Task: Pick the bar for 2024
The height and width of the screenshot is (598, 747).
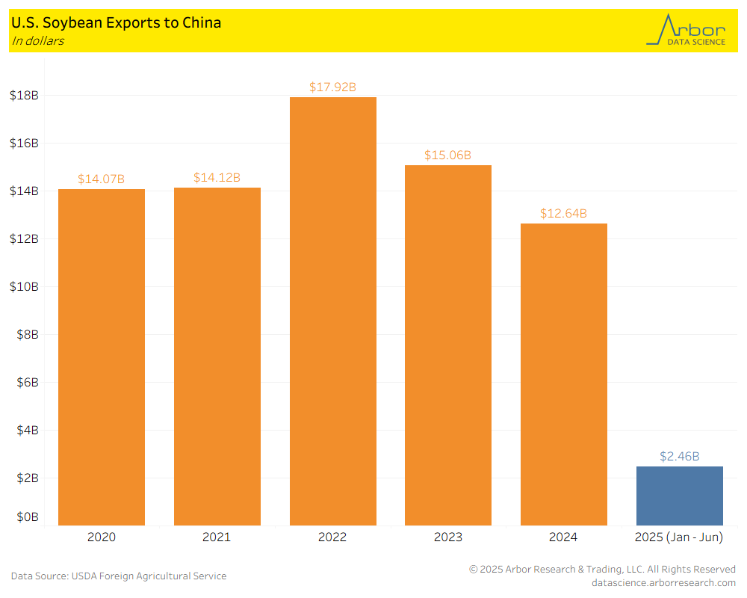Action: click(563, 374)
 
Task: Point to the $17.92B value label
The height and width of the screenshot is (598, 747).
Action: click(332, 87)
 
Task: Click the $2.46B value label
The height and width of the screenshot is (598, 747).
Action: click(679, 456)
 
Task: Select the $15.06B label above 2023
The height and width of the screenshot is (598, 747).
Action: click(447, 155)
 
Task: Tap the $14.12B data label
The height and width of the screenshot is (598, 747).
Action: click(217, 178)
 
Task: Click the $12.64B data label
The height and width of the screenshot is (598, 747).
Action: click(563, 214)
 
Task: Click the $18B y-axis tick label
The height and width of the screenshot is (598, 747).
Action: click(24, 96)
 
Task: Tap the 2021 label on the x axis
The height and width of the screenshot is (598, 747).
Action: click(217, 537)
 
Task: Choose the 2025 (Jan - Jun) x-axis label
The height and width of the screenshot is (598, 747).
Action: click(679, 537)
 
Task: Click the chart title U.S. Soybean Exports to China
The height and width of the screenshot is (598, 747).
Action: click(116, 22)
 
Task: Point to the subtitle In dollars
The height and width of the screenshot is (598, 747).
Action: click(37, 41)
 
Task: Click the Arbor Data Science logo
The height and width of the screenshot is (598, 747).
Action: click(686, 31)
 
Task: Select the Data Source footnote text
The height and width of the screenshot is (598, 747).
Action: click(119, 576)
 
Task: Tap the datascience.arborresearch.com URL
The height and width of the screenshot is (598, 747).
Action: click(663, 582)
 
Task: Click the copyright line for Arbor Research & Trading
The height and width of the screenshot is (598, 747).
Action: click(602, 570)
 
